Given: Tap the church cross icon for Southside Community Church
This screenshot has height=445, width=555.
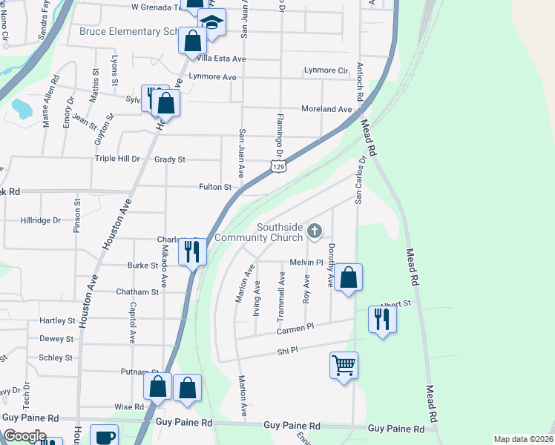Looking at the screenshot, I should (315, 231).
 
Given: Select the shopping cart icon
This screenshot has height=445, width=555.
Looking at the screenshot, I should (344, 365).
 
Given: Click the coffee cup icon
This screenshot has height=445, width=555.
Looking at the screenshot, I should (105, 436).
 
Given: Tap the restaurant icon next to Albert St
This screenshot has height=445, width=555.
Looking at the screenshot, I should (382, 319).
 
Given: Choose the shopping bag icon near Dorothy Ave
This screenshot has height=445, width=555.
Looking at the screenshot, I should (348, 278).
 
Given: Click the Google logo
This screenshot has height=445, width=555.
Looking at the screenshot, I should (25, 436).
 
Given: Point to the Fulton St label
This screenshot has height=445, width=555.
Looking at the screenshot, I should (215, 188).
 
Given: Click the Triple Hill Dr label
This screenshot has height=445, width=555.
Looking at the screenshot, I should (117, 159).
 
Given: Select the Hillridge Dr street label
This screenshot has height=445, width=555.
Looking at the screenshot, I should (40, 220).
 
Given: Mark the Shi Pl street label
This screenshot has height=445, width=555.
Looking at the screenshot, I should (287, 351).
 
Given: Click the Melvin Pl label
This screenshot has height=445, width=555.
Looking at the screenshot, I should (306, 263).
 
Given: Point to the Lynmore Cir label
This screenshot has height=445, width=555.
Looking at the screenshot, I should (326, 70).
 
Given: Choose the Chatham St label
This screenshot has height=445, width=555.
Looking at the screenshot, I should (137, 292).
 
